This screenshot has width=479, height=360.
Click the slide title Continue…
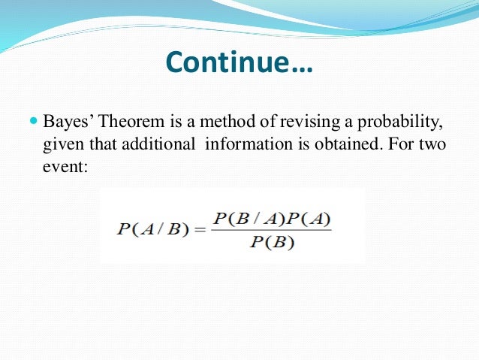click(239, 62)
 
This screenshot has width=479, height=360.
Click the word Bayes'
click(66, 122)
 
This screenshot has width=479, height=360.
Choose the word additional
click(161, 144)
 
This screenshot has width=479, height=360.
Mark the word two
click(431, 144)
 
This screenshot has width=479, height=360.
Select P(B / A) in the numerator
click(241, 219)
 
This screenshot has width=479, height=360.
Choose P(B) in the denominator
click(272, 243)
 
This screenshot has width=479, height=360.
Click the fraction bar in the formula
click(272, 230)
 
